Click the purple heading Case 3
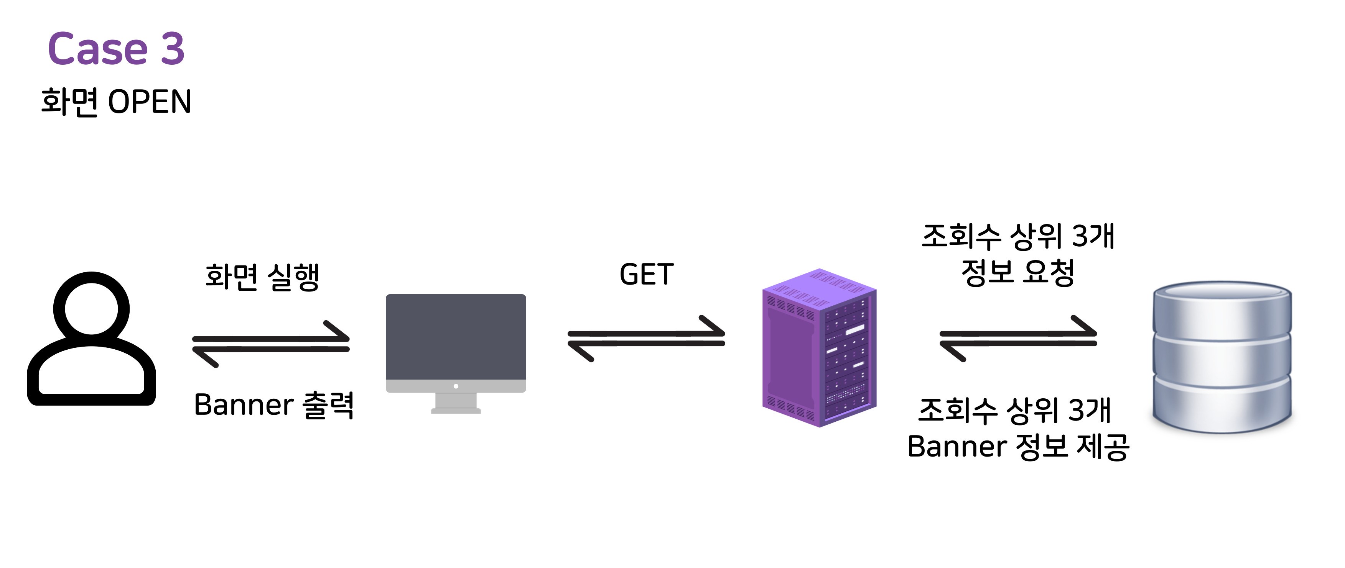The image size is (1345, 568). coord(116,49)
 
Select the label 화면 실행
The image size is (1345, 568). coord(262,277)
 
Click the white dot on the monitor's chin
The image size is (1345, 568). coord(456,386)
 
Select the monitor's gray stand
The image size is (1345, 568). coord(456,403)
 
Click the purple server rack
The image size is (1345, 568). coord(819,348)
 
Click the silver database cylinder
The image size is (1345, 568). coord(1222,357)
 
